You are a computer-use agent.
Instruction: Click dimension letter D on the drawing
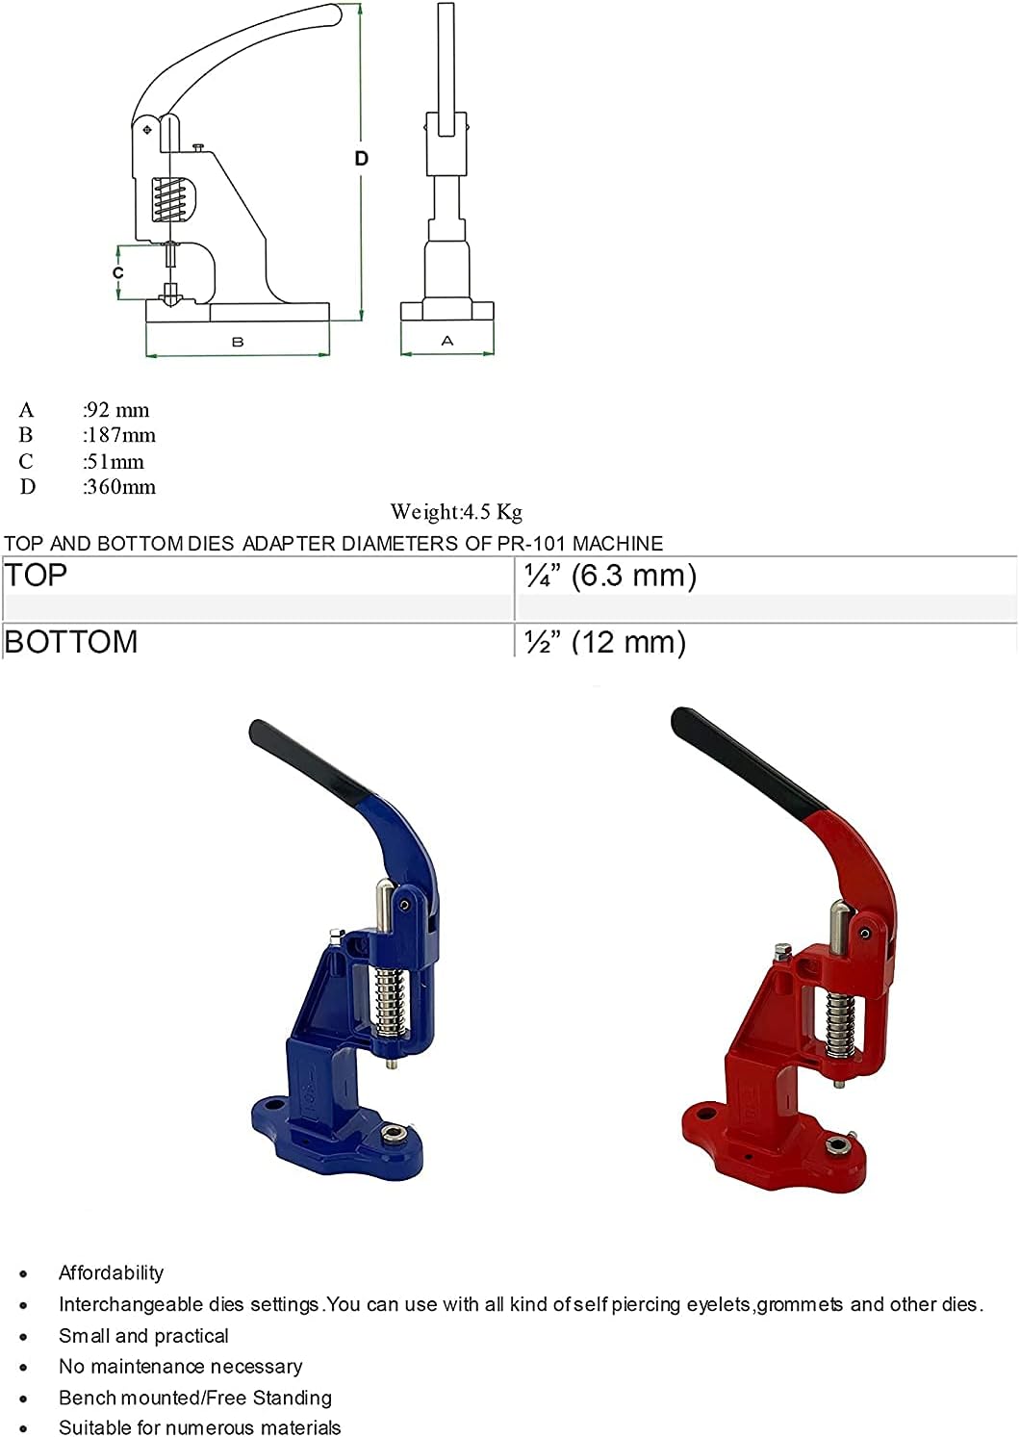tap(362, 158)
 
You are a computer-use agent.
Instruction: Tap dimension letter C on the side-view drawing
tap(118, 273)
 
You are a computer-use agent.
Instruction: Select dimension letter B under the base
tap(238, 342)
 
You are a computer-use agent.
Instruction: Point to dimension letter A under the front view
tap(446, 341)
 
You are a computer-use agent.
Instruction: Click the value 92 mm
tap(117, 410)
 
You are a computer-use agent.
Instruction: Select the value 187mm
tap(119, 435)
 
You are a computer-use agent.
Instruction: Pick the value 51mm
tap(115, 461)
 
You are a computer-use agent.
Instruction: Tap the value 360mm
tap(119, 487)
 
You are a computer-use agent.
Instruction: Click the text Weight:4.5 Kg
tap(456, 511)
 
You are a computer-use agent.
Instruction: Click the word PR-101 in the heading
tap(532, 543)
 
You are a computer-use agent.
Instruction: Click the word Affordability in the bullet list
tap(111, 1272)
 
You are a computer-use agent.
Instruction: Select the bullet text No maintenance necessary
tap(180, 1366)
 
